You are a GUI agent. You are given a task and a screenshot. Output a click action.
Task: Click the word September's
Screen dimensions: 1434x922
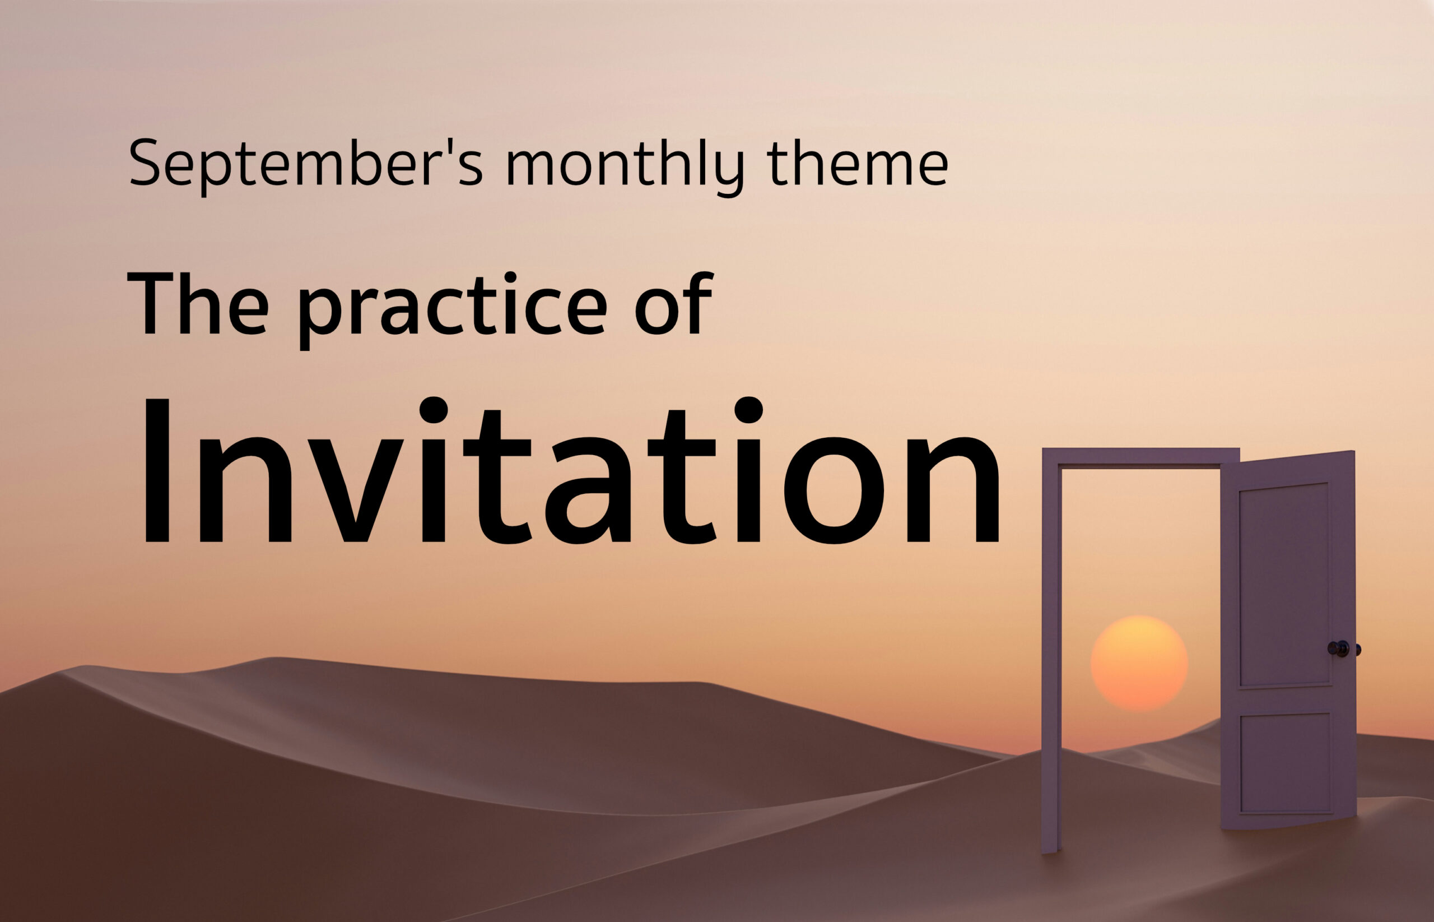pos(306,164)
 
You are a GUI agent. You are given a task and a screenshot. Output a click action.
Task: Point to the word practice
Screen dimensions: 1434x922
pos(452,309)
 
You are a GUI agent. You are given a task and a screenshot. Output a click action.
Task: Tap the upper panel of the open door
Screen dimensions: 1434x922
pos(1284,585)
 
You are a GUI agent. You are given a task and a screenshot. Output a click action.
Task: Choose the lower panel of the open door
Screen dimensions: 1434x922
pos(1285,764)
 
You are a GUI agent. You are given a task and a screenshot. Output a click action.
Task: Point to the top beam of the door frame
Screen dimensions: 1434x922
pos(1140,457)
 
